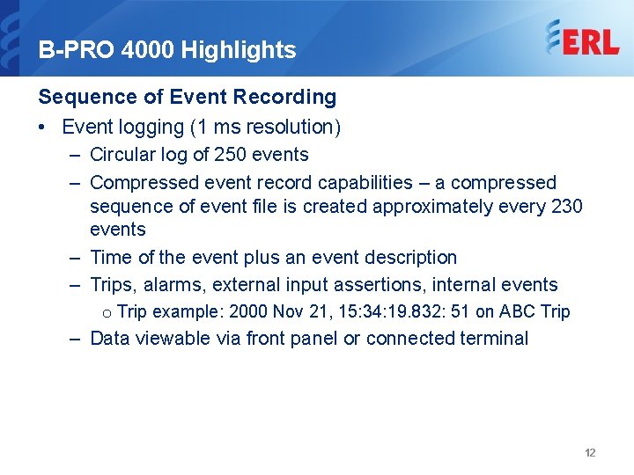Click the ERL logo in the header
[x=581, y=40]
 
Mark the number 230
[x=564, y=206]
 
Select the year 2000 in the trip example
[x=249, y=311]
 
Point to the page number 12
[x=590, y=453]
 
